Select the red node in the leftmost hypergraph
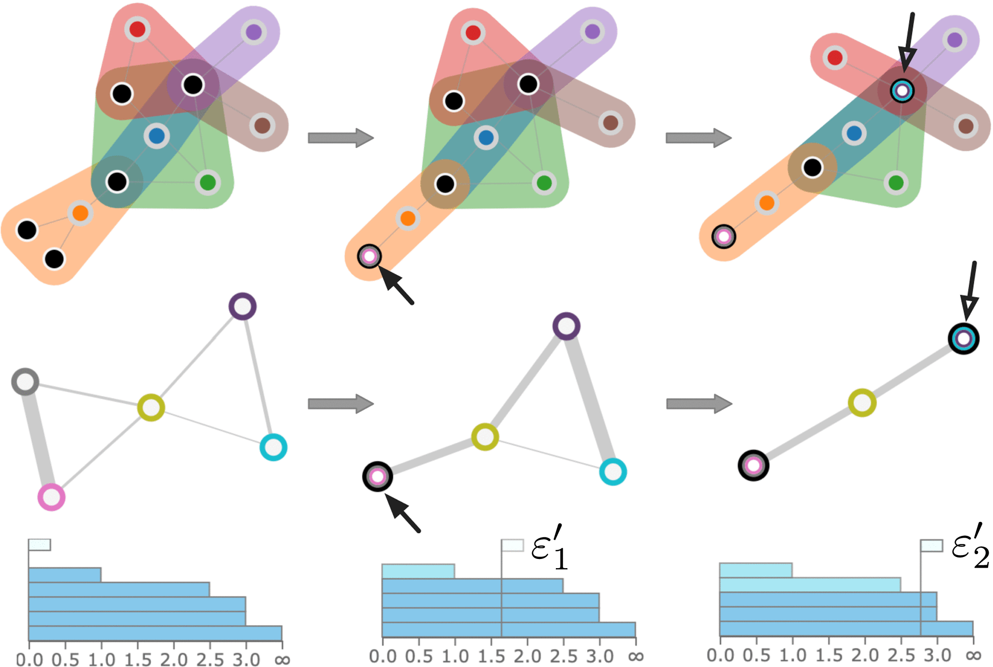[138, 29]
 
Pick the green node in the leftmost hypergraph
[208, 183]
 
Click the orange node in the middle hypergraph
[408, 218]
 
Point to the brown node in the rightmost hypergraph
[965, 126]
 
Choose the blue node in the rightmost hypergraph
[854, 133]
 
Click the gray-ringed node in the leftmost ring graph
[25, 382]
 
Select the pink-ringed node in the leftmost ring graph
[52, 497]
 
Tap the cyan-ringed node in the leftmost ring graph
[274, 447]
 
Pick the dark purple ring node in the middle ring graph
[566, 326]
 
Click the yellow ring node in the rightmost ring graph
[862, 402]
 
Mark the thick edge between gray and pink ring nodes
[38, 439]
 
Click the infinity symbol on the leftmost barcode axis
[282, 659]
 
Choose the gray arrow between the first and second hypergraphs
[340, 138]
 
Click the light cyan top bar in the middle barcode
[418, 571]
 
